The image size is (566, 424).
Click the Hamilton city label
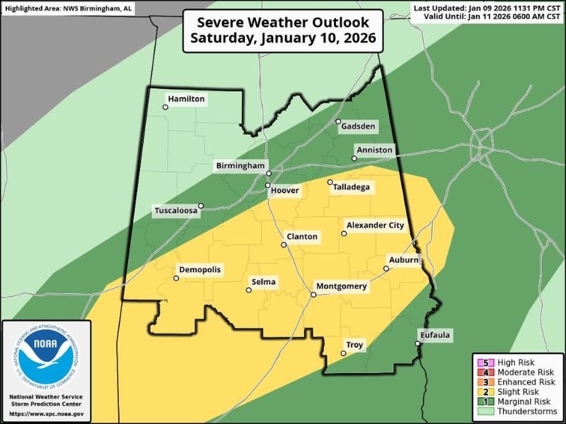tap(187, 100)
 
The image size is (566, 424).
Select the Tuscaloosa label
tap(177, 211)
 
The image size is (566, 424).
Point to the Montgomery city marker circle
tap(313, 294)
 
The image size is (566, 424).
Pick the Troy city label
tap(354, 345)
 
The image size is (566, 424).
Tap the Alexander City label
tap(375, 225)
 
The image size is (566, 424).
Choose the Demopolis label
tap(200, 270)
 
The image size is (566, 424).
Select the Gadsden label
tap(359, 126)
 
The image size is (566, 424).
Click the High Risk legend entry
tap(517, 362)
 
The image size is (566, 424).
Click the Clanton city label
tap(302, 237)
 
